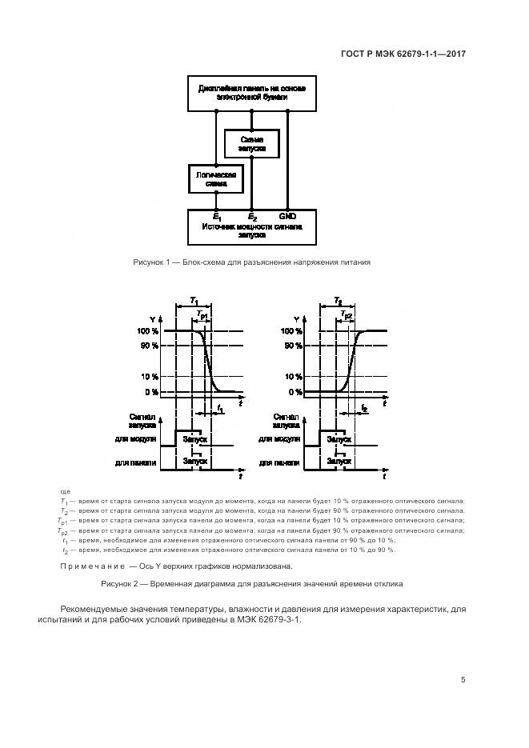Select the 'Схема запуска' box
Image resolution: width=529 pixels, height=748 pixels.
tap(251, 144)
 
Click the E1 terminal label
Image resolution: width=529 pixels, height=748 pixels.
tap(217, 217)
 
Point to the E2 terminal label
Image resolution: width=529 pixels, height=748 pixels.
tap(252, 217)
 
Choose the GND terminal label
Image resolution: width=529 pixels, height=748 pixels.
tap(287, 216)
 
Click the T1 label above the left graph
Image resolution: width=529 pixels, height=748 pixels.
tap(194, 300)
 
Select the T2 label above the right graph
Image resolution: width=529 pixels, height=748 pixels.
tap(339, 300)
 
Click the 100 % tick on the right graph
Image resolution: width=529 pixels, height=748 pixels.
tap(293, 331)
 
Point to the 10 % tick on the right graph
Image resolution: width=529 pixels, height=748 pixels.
tap(293, 377)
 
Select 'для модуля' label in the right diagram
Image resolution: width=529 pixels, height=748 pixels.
tap(280, 440)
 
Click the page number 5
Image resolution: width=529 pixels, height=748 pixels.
tap(463, 680)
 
